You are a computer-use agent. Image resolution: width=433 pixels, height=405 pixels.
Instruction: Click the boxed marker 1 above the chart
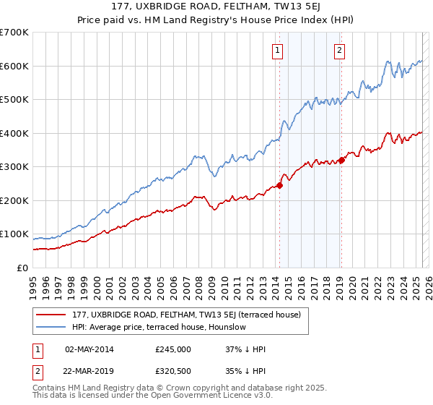point(278,51)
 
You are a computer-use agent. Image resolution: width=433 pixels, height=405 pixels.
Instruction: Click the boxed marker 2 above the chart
point(339,51)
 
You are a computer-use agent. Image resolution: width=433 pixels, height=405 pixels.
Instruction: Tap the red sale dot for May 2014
point(279,185)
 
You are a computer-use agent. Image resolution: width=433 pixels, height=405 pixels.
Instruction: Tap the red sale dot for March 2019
point(341,161)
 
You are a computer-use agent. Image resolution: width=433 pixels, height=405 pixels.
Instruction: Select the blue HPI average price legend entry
point(159,327)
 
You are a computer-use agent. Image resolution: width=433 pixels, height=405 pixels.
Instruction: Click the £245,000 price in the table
point(173,349)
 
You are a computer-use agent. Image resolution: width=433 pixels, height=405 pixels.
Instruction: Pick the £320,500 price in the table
point(173,371)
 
